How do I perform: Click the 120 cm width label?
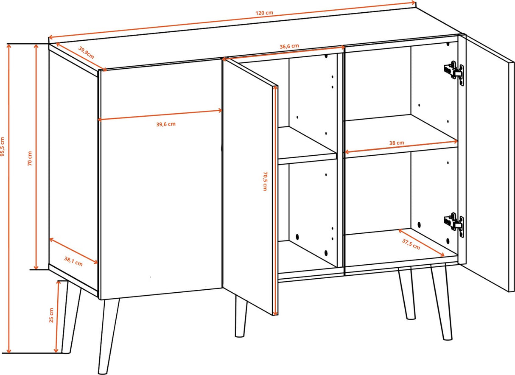[x=264, y=13]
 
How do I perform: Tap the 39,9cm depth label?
[x=86, y=53]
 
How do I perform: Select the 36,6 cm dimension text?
[x=289, y=46]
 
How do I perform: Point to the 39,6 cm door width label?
[x=166, y=124]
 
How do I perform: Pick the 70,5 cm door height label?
[x=265, y=181]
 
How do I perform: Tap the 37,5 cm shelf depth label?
[x=411, y=244]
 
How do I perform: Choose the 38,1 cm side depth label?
[x=73, y=261]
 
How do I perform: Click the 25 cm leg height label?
[x=51, y=315]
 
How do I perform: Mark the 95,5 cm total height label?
[x=2, y=146]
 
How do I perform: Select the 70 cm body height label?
[x=30, y=158]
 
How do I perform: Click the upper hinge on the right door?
[x=453, y=73]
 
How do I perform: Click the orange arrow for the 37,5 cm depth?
[x=421, y=243]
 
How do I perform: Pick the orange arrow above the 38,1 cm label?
[x=73, y=251]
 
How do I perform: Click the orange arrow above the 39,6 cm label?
[x=160, y=115]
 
